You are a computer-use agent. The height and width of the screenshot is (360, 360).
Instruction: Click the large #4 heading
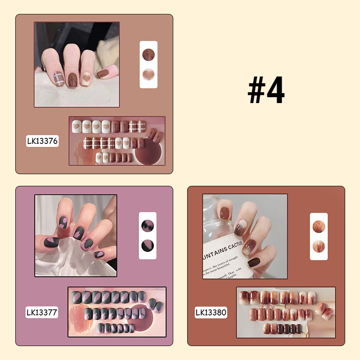[266, 90]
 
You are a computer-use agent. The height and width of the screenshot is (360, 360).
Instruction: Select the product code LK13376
[42, 141]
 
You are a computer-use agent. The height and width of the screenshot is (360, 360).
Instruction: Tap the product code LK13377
[42, 312]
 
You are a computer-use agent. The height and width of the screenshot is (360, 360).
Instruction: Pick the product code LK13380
[211, 312]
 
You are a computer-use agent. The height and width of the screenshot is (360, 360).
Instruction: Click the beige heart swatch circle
[148, 76]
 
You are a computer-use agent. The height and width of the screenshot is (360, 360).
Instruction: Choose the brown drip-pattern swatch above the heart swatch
[148, 54]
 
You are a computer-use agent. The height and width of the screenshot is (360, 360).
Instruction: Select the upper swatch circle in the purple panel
[148, 225]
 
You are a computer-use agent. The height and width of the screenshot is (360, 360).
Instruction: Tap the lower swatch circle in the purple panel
[148, 246]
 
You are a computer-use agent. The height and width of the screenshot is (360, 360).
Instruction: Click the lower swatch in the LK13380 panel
[319, 247]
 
